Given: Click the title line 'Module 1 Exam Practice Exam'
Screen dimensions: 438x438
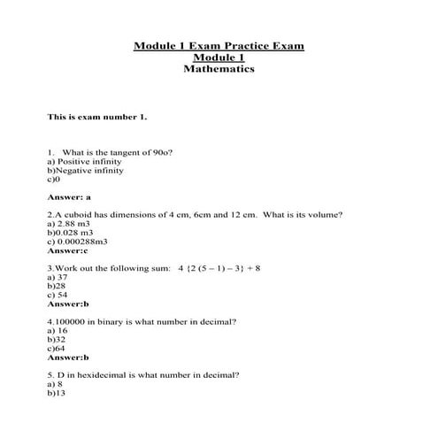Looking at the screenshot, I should coord(218,45).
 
